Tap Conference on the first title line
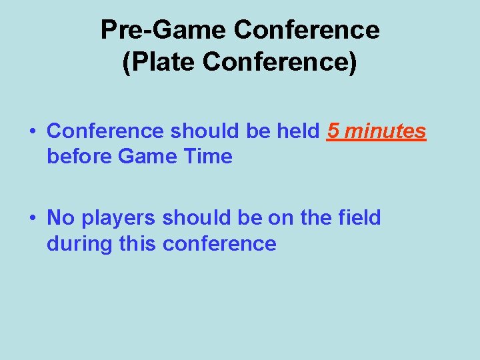click(x=307, y=30)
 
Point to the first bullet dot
click(x=33, y=132)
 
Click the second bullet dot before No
click(x=33, y=219)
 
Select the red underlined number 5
click(x=333, y=131)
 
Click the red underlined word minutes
click(x=385, y=131)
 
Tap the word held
click(x=297, y=131)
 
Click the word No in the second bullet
click(x=61, y=218)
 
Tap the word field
click(x=359, y=218)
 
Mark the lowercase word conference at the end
click(x=219, y=244)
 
